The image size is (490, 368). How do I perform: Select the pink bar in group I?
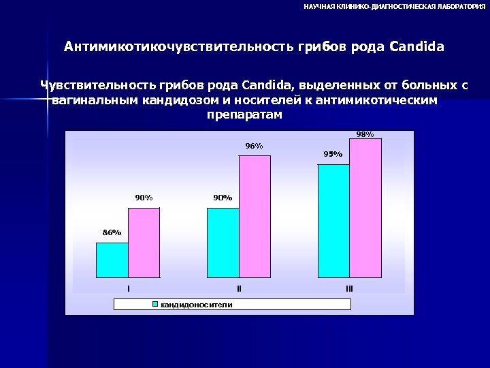coord(144,243)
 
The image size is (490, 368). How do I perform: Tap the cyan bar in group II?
coord(223,243)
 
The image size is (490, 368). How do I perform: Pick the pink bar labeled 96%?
coord(254,217)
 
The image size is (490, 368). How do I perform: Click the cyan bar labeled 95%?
coord(333,221)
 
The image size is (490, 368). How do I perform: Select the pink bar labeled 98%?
coord(365,208)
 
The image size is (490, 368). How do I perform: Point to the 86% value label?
coord(112,232)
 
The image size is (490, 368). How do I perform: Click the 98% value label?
coord(365,134)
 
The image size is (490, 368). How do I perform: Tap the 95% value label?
coord(333,154)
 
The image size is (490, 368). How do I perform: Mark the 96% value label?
coord(254,146)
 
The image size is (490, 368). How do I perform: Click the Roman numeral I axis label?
coord(129,289)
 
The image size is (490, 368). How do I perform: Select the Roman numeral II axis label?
coord(239,289)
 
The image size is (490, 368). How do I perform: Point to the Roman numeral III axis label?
coord(349,289)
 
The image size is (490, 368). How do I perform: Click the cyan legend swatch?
coord(155,304)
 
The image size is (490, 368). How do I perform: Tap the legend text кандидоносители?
coord(196,304)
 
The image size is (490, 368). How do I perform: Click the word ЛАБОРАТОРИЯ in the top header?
coord(456,6)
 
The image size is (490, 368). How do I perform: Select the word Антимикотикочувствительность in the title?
coord(179,48)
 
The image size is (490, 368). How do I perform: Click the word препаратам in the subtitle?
coord(243,114)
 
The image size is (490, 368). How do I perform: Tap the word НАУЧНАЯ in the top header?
coord(318,6)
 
